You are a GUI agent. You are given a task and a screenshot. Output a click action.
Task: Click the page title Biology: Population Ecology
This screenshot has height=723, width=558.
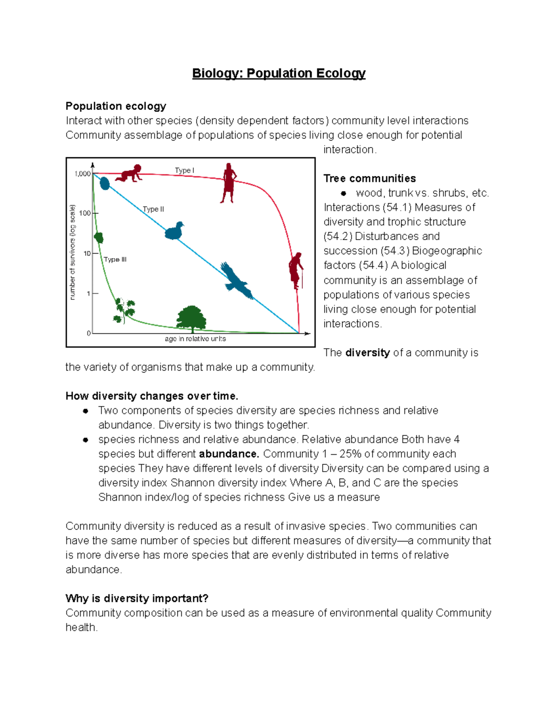coord(279,74)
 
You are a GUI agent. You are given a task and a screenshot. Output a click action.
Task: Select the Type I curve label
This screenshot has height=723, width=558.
coord(184,170)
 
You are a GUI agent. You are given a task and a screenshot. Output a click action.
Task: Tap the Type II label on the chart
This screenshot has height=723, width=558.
coord(153,209)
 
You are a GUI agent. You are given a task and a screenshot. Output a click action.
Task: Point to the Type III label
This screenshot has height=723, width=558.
coord(115,259)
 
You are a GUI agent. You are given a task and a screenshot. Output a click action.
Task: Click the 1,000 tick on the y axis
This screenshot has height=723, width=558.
coord(82,174)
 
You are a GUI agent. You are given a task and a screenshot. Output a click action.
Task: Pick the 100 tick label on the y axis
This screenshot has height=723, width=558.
coord(85,213)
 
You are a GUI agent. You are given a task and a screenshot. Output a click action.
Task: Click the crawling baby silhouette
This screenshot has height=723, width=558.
coord(129,173)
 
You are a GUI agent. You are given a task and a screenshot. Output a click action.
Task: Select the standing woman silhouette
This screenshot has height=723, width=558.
coord(228,183)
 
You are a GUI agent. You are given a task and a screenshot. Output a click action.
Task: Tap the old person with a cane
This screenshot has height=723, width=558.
coord(295,270)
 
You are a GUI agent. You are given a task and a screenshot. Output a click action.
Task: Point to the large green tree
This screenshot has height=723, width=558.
coord(191,319)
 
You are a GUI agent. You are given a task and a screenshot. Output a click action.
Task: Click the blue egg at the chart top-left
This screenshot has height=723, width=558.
coord(105,183)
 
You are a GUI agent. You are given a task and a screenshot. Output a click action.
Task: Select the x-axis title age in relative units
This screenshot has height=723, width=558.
coord(195,338)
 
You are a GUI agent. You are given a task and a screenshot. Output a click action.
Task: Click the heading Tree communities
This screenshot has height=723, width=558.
coord(370,178)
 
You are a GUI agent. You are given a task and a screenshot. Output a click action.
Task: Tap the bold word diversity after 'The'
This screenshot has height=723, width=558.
coord(367,352)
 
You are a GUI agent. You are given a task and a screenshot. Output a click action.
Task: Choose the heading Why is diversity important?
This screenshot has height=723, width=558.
coord(137,598)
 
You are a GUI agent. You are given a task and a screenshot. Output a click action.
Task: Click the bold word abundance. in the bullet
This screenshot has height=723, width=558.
coord(229,454)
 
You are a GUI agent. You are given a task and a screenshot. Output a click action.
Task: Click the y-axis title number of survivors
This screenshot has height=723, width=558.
coord(73,252)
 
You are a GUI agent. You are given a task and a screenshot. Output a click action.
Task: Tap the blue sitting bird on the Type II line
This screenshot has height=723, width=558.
coord(174,231)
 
